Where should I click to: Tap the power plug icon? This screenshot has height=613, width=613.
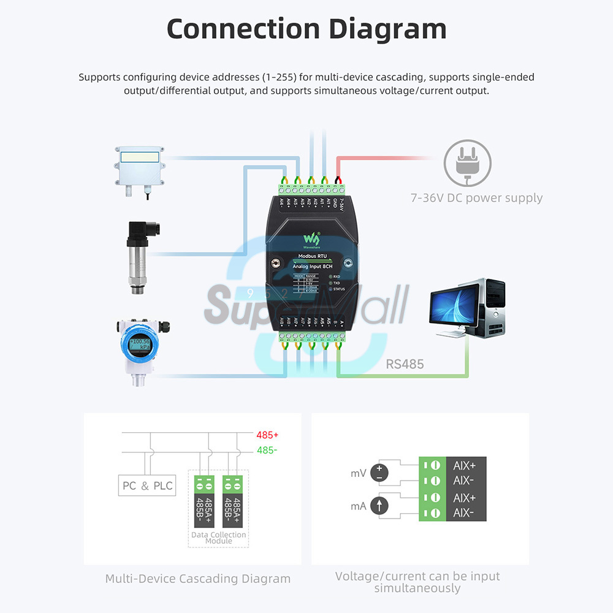[x=467, y=162]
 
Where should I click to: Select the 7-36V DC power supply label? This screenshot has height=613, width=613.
[x=476, y=198]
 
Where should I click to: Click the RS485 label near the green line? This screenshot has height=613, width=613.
[x=405, y=364]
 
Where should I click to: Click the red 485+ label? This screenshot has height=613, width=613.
[x=267, y=435]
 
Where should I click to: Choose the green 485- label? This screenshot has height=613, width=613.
[x=267, y=451]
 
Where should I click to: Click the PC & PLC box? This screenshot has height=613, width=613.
[x=148, y=486]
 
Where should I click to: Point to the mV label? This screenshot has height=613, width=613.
[x=358, y=473]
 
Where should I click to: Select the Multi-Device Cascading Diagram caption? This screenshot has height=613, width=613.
[x=197, y=579]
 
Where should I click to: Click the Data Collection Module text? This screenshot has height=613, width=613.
[x=219, y=538]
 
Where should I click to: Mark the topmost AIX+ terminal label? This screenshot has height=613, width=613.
[x=464, y=466]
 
